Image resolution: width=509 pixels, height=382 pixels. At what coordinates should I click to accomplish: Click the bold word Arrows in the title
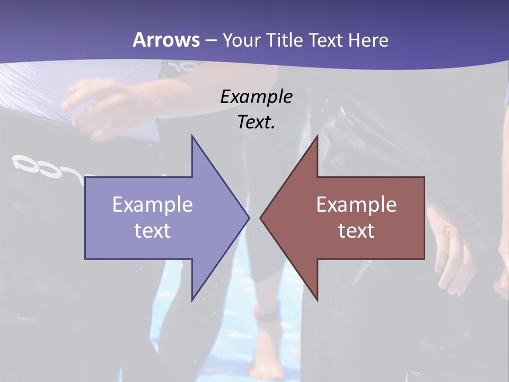pos(166,40)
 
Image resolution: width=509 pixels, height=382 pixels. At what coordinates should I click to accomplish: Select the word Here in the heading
pos(369,40)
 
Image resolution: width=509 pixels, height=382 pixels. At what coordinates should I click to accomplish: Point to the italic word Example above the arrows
pos(256,97)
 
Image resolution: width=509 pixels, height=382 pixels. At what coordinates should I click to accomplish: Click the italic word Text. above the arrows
pos(256,122)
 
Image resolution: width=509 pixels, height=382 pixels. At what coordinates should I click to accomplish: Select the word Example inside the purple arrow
pos(153,205)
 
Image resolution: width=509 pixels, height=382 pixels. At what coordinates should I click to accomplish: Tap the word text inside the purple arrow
pos(153,231)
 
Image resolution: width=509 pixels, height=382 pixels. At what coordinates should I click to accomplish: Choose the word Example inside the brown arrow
pos(356,205)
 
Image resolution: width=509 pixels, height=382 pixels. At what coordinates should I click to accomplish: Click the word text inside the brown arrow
pos(356,231)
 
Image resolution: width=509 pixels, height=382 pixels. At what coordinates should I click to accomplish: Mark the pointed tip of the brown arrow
pos(261,218)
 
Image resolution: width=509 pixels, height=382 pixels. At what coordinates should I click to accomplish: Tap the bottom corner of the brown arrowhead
pos(317,300)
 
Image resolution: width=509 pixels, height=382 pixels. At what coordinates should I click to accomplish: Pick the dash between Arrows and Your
pos(210,40)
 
